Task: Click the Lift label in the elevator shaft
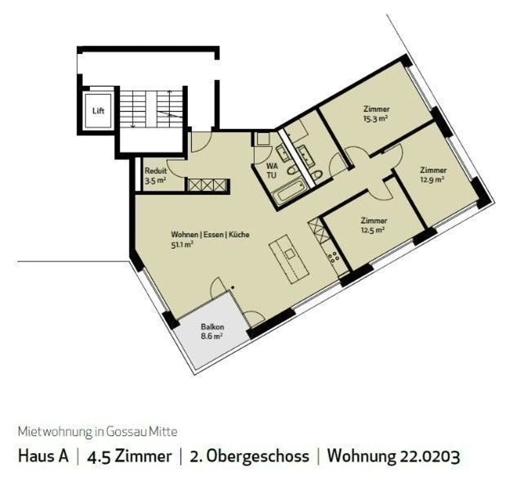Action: coord(98,111)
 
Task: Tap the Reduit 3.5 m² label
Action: coord(156,176)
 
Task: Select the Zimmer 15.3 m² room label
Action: coord(376,114)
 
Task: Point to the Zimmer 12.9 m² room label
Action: coord(433,175)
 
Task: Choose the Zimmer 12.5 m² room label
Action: coord(374,225)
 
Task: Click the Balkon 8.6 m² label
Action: coord(212,331)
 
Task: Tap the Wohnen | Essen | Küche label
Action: coord(210,234)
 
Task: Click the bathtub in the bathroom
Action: coord(289,193)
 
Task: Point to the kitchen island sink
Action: coord(290,254)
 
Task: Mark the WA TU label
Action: coord(271,170)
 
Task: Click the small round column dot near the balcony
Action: coord(232,288)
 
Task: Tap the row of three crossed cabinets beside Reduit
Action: coord(207,185)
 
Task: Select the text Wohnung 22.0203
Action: coord(394,457)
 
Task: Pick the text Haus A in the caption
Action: coord(43,456)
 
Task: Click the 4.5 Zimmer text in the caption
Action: coord(129,457)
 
